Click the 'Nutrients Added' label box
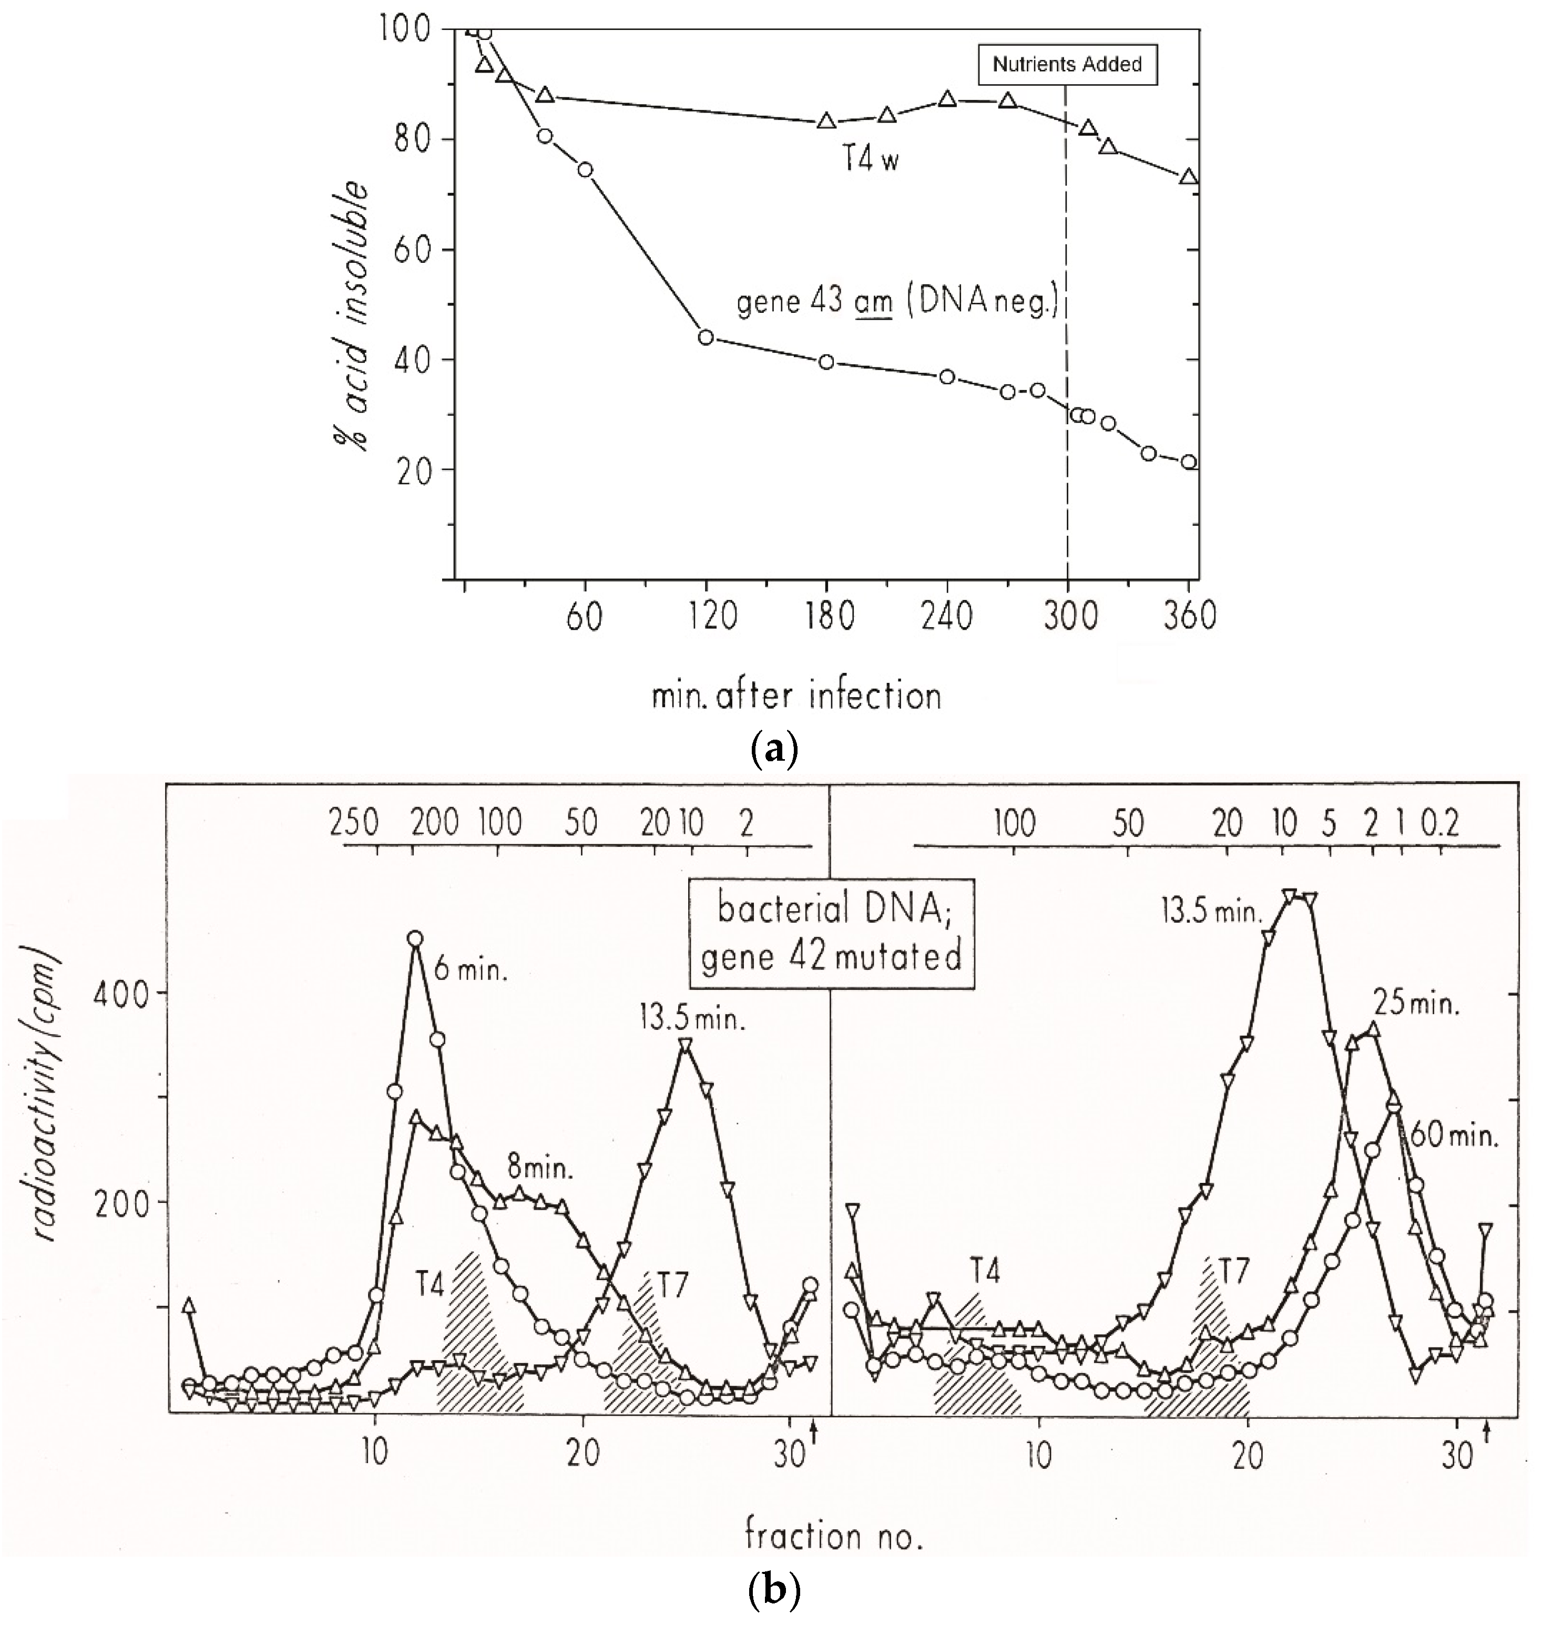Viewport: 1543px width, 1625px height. [1067, 64]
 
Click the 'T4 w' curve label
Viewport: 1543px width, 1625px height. [870, 159]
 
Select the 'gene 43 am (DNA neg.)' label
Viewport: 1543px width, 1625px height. [896, 303]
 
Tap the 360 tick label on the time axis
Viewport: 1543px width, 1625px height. [1188, 615]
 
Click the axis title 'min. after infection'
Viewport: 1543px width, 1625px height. [796, 696]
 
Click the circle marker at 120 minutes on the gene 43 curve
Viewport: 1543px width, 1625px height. [705, 338]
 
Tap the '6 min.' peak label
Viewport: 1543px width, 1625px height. [471, 970]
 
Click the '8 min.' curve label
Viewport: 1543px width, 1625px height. [538, 1168]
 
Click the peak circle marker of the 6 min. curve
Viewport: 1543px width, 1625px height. [415, 938]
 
